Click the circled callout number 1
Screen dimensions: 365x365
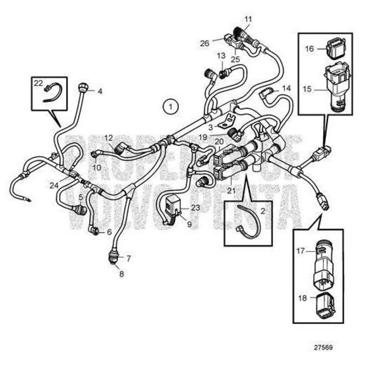(x=172, y=106)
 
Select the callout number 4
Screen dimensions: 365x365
(x=100, y=92)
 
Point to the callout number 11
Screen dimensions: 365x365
(x=248, y=19)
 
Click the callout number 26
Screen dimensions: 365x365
(x=204, y=43)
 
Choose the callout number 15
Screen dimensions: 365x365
(x=308, y=89)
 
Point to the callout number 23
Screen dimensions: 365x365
(x=195, y=207)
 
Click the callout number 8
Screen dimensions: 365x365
(x=121, y=274)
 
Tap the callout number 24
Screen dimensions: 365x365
(x=55, y=185)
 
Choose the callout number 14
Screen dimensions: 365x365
(x=286, y=88)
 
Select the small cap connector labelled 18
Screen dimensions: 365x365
(x=327, y=302)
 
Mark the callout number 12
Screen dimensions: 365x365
(x=108, y=138)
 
